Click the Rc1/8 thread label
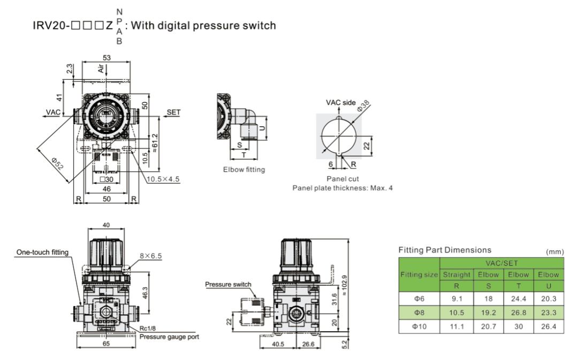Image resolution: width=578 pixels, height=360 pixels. (x=147, y=329)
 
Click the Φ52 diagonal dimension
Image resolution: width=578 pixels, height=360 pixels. (x=57, y=163)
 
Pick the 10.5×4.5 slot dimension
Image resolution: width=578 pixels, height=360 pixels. (x=163, y=180)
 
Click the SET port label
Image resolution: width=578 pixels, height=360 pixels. (x=174, y=112)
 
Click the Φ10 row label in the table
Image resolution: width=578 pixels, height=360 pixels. (x=419, y=324)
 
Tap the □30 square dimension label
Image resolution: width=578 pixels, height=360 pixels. (x=105, y=180)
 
